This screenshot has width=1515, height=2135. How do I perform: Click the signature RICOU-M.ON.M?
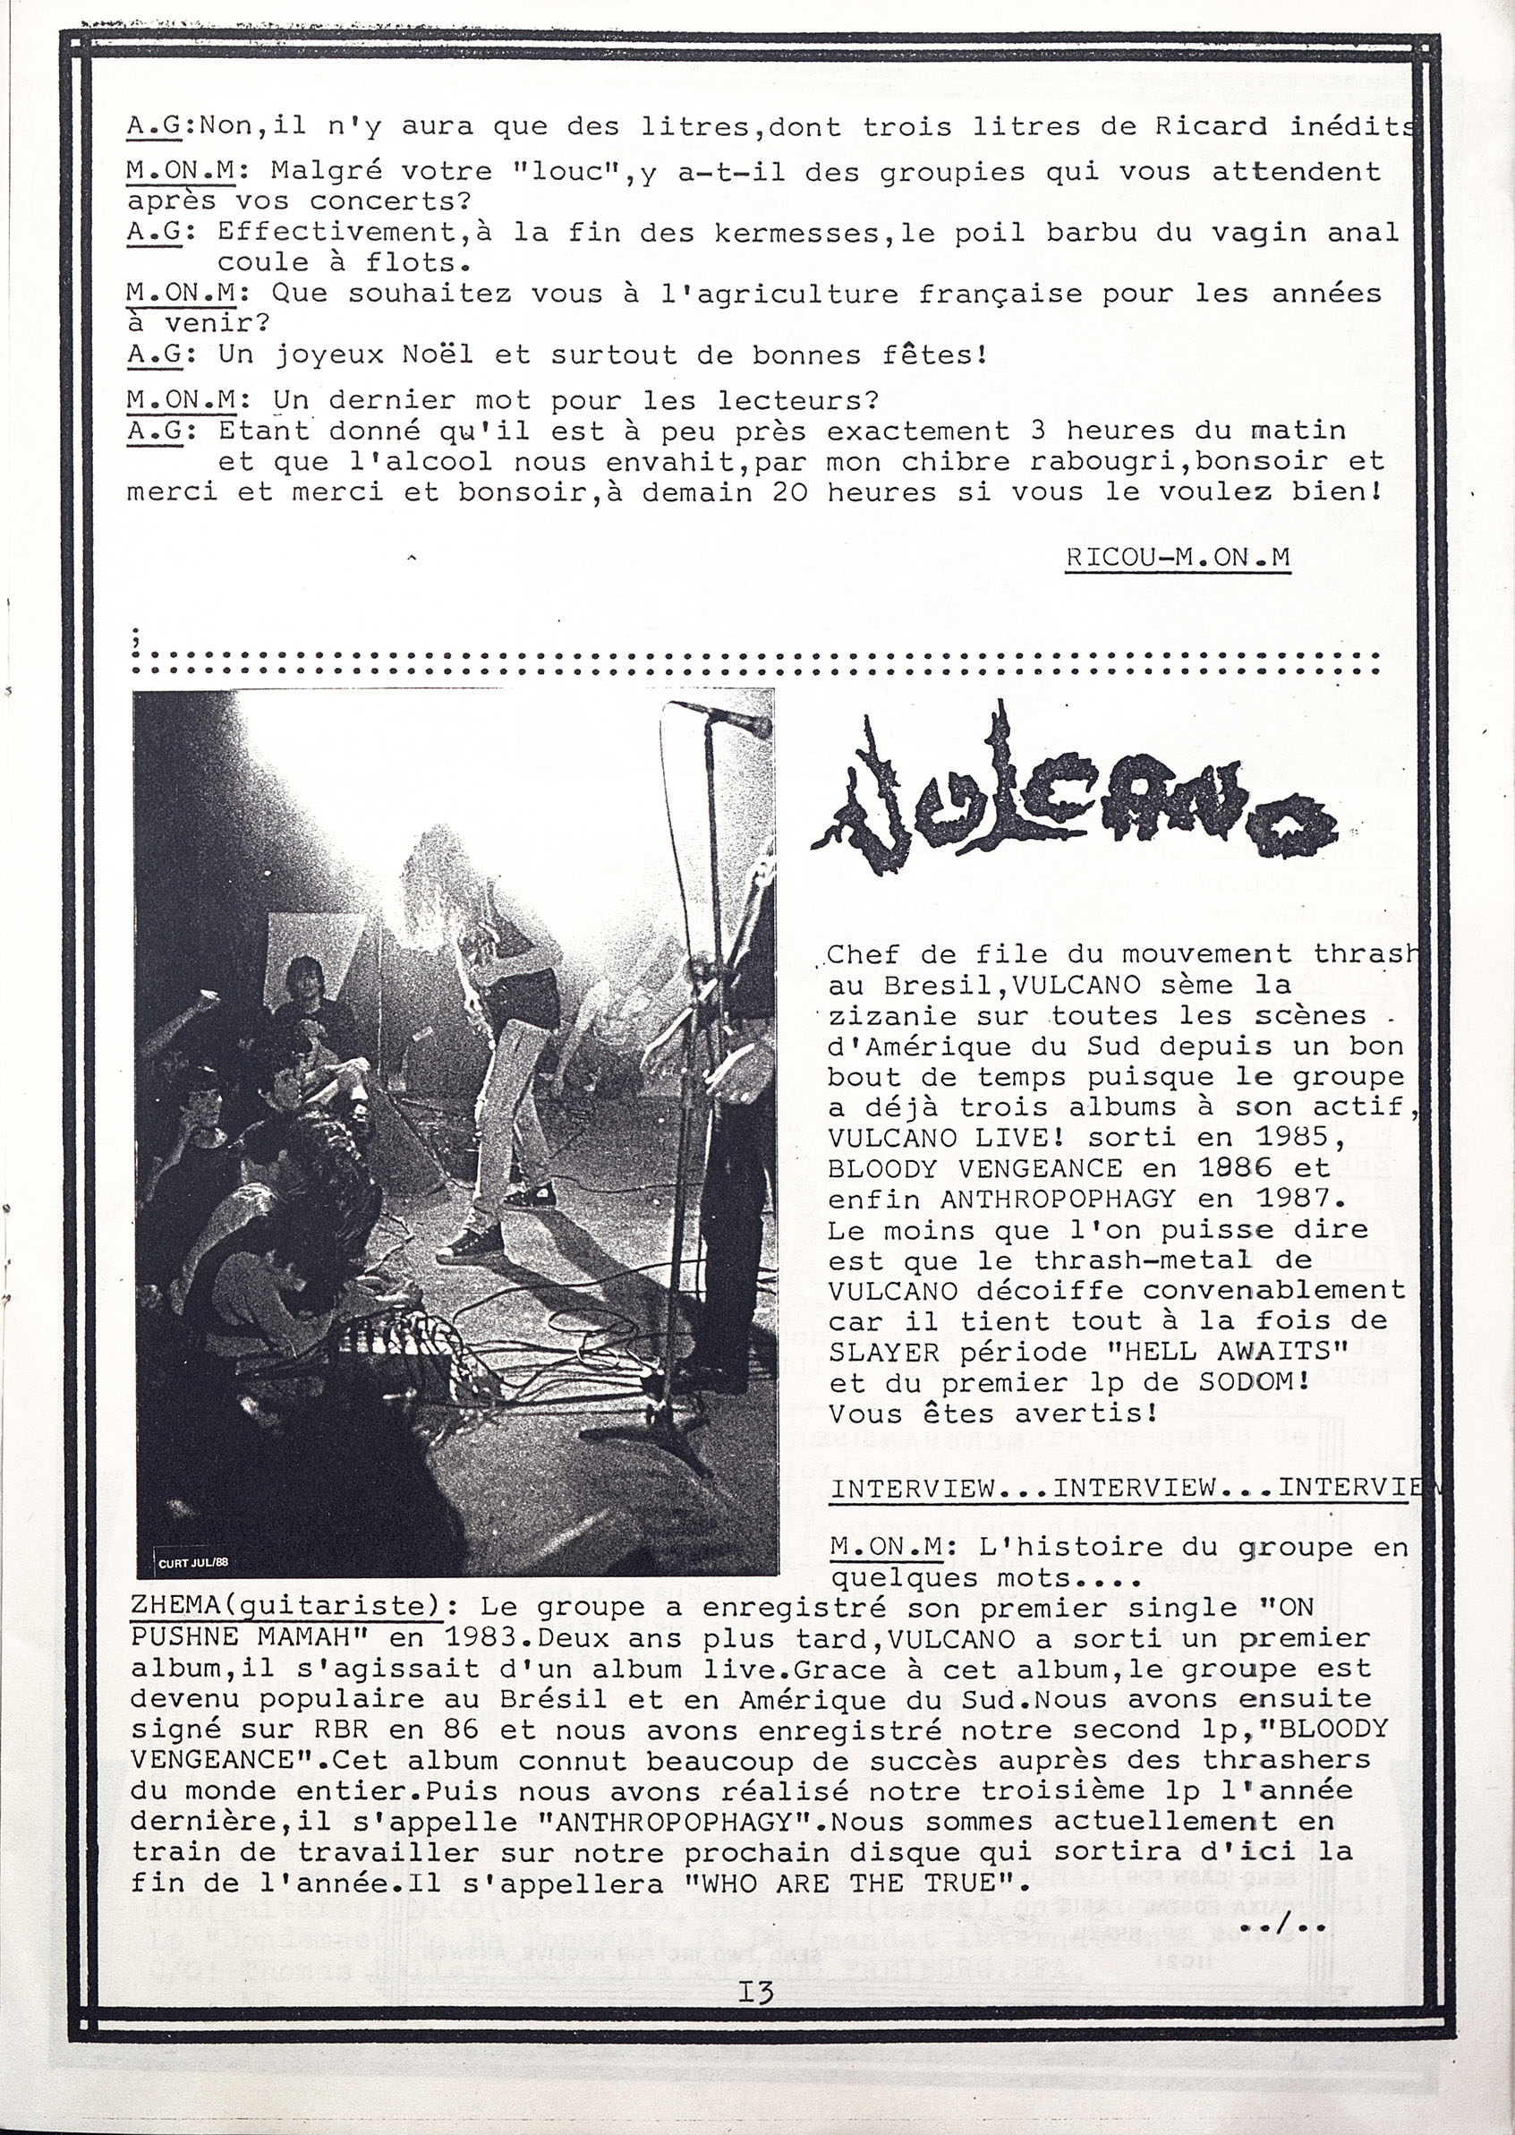click(x=1178, y=557)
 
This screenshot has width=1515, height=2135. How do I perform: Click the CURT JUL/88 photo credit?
click(x=193, y=1563)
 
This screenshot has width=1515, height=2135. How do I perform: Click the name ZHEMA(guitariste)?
click(x=298, y=1607)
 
